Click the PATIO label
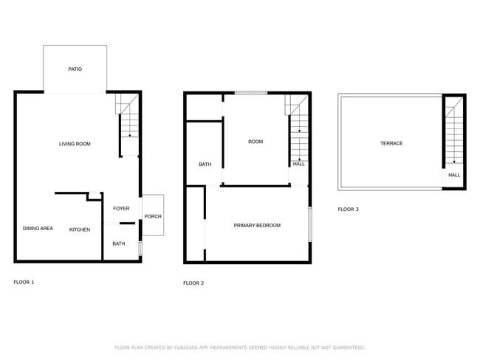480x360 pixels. [x=75, y=69]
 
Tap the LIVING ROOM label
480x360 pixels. [x=75, y=144]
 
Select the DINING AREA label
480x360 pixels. [x=38, y=229]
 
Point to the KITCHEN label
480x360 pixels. [x=80, y=229]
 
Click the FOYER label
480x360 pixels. [x=121, y=209]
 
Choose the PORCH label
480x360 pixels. [x=153, y=216]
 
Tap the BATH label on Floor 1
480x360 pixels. [x=119, y=243]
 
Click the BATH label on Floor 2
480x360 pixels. [x=205, y=165]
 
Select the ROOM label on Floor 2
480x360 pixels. [x=256, y=142]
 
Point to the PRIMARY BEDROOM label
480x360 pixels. [x=257, y=225]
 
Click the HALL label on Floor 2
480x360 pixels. [x=298, y=164]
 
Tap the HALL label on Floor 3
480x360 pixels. [x=454, y=175]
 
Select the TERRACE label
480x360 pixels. [x=391, y=143]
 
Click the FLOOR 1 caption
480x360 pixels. [x=24, y=282]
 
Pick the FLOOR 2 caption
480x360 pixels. [x=193, y=283]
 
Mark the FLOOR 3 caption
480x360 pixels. [x=348, y=210]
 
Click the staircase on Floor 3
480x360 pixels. [x=454, y=133]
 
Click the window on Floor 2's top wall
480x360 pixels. [x=251, y=93]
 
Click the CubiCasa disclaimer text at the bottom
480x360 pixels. [x=239, y=347]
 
